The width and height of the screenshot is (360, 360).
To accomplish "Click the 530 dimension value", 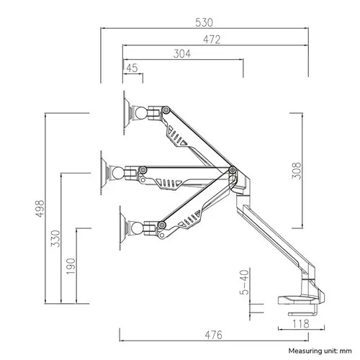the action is [x=204, y=22].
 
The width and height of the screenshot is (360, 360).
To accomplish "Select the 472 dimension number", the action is [x=212, y=40].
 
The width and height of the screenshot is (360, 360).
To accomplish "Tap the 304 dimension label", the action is [x=182, y=54].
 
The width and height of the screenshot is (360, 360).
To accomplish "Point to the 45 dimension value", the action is [x=132, y=68].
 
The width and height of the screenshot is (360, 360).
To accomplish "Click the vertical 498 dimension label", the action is [x=40, y=208].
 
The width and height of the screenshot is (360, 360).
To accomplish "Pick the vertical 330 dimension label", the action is [x=55, y=238].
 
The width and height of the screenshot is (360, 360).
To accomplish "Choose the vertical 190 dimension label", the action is [x=71, y=266].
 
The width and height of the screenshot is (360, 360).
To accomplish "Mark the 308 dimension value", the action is [x=297, y=171].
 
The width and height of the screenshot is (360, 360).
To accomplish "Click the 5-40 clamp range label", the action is [x=244, y=282].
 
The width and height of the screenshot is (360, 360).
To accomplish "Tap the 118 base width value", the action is [x=301, y=324].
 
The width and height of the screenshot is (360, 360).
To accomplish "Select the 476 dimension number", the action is [x=214, y=335].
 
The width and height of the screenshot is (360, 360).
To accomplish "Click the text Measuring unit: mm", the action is [x=320, y=351].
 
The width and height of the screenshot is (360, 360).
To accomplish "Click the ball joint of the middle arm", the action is [x=118, y=173].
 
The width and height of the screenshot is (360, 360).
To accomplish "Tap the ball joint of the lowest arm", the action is [x=138, y=228].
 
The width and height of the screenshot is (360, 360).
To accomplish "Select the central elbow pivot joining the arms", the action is [x=233, y=170].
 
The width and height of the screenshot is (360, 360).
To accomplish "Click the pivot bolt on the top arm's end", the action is [x=166, y=110].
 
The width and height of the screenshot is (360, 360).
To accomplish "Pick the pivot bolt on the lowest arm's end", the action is [x=162, y=225].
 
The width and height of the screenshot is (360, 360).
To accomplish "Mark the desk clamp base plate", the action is [x=299, y=300].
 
